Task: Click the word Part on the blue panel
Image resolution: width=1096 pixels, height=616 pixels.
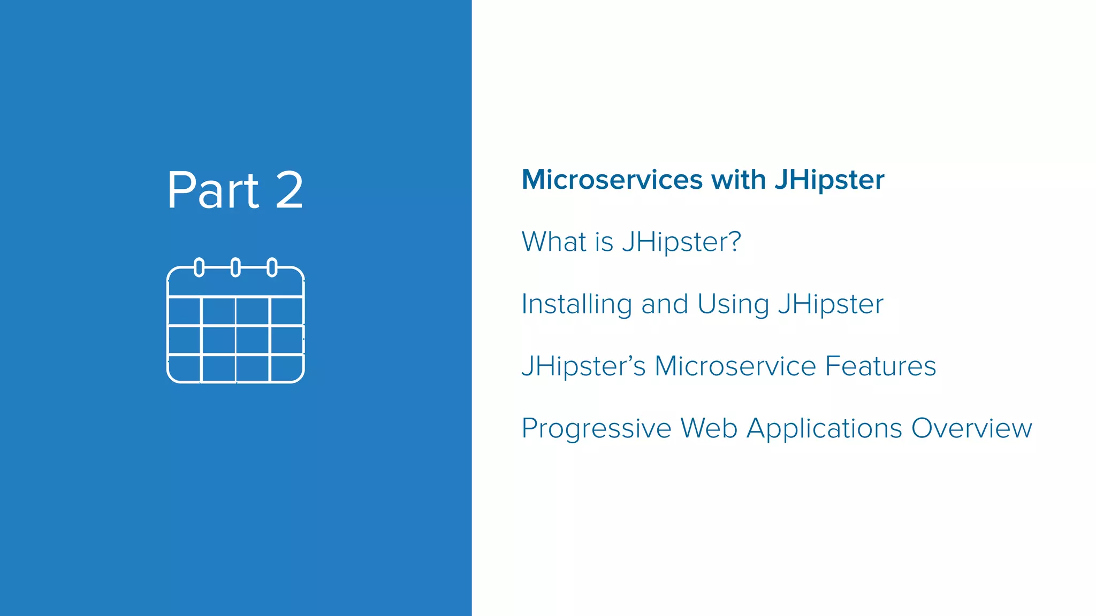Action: point(213,190)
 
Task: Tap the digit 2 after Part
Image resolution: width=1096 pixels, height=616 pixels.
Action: point(290,190)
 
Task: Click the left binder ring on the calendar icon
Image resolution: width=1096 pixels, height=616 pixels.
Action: point(199,267)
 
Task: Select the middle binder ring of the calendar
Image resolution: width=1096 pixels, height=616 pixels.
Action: point(235,267)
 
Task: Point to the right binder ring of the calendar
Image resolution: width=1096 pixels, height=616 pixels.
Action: point(272,267)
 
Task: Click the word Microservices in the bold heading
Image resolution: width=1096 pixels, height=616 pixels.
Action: point(612,180)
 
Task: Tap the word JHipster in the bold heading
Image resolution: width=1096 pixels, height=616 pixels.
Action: point(829,180)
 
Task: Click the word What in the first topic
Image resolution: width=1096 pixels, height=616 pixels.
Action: point(554,242)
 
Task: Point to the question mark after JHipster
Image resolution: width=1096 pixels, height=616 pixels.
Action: point(735,242)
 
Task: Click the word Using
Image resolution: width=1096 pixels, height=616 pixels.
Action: point(733,304)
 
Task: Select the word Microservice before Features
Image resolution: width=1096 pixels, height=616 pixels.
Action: point(735,366)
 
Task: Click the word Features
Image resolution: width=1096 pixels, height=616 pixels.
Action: point(880,366)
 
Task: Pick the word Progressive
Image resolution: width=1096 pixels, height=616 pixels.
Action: point(596,429)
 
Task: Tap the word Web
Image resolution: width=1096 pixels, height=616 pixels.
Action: point(709,429)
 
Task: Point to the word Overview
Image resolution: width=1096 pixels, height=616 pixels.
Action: point(971,429)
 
